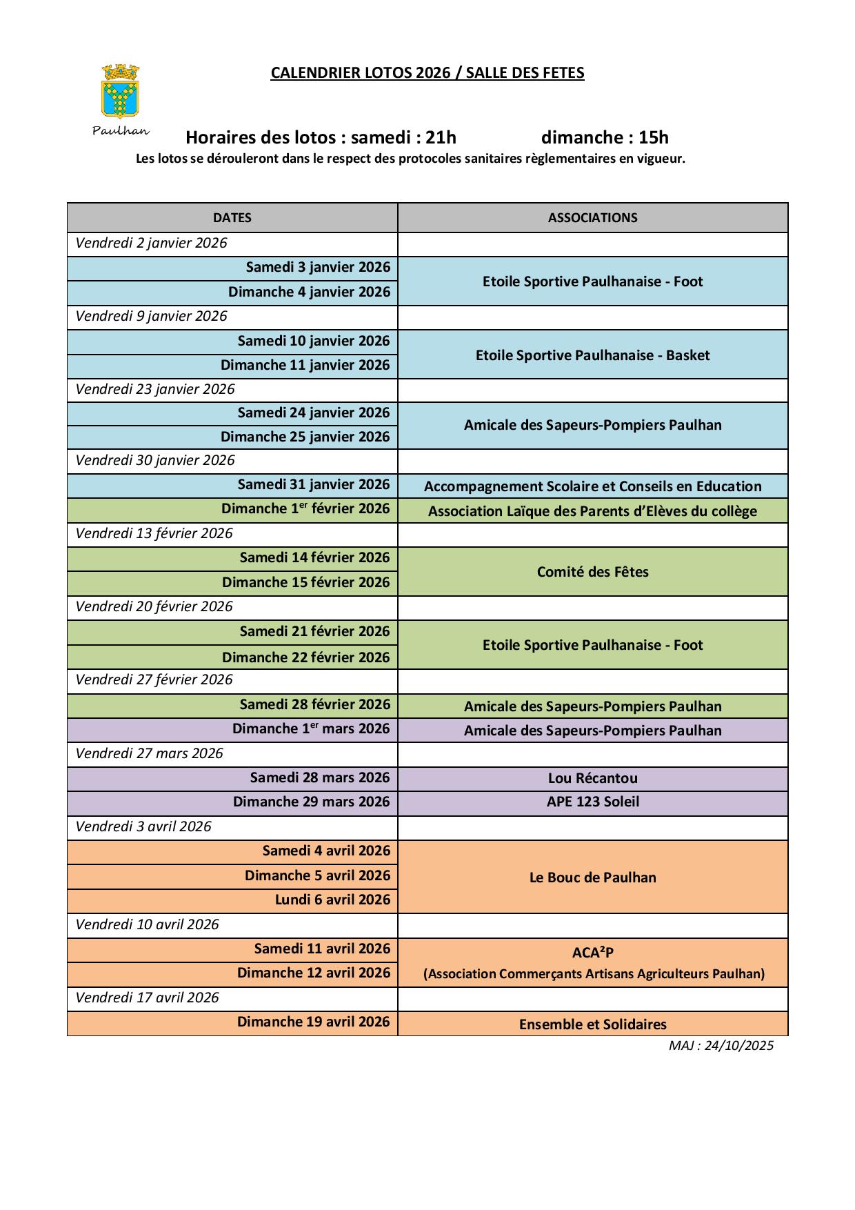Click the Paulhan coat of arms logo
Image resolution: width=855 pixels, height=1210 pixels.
point(121,90)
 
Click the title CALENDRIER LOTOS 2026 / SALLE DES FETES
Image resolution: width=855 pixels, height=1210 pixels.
point(427,73)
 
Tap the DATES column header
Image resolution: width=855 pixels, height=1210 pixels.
point(232,218)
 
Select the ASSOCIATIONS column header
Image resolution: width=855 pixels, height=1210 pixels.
point(592,218)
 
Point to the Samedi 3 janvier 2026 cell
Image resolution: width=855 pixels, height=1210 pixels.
point(318,268)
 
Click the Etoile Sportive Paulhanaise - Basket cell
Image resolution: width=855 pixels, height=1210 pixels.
point(592,355)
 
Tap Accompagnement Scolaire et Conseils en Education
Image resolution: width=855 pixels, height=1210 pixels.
point(592,486)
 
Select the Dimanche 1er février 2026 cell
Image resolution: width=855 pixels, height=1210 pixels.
point(305,509)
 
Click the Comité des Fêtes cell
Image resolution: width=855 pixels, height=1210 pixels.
point(592,572)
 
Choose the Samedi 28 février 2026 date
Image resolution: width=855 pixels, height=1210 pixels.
point(314,704)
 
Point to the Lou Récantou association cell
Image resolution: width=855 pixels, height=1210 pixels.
point(592,778)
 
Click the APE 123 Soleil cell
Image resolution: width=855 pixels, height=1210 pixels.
point(592,802)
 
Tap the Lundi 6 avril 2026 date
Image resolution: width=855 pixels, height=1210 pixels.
point(332,900)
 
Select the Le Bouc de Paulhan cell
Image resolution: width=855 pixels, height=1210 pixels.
point(592,877)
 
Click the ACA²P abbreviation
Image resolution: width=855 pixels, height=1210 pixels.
point(592,953)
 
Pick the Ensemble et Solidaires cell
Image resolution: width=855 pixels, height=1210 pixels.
point(592,1024)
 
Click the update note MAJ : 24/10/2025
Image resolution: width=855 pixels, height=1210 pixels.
point(721,1046)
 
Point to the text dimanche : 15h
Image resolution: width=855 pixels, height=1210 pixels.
point(605,137)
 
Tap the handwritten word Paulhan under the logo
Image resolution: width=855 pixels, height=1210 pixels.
point(121,131)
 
